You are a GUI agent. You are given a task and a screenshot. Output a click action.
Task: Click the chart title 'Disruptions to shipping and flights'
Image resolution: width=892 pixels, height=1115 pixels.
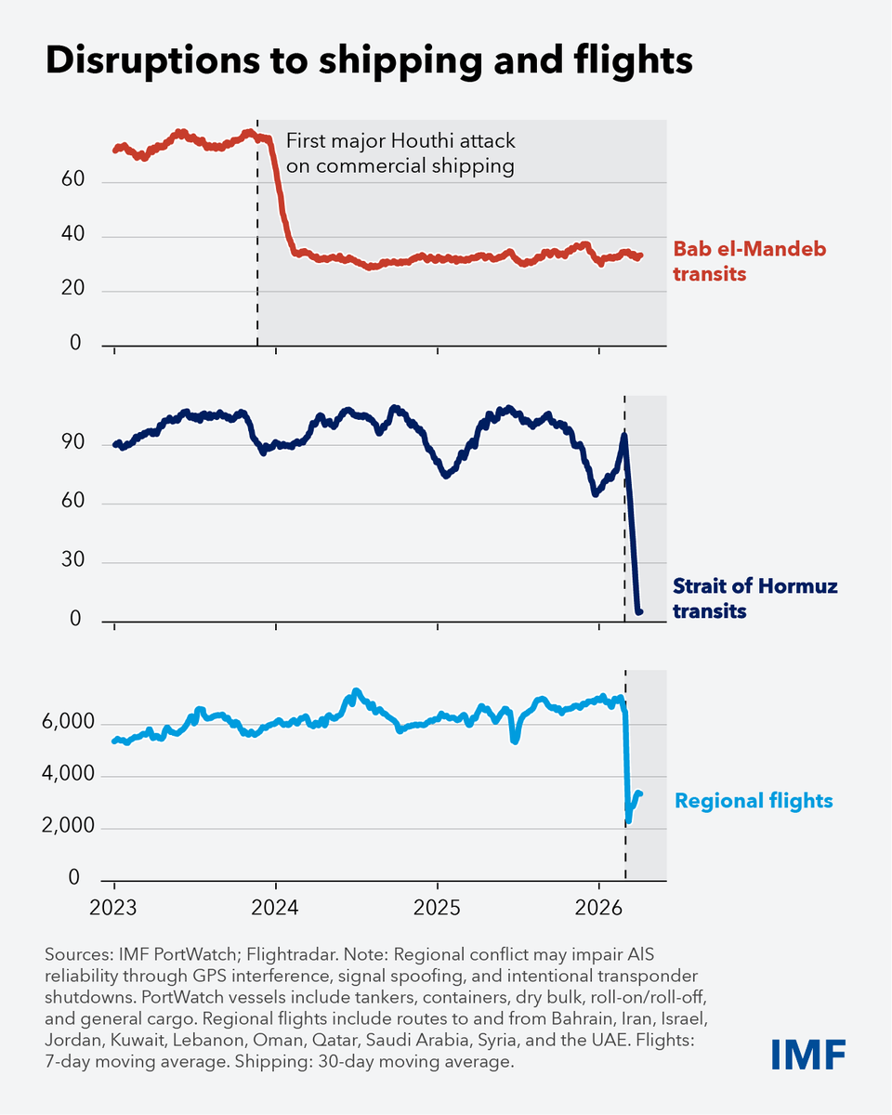click(x=369, y=61)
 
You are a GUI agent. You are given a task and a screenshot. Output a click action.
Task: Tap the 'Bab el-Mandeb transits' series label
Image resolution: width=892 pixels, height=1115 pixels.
click(x=749, y=262)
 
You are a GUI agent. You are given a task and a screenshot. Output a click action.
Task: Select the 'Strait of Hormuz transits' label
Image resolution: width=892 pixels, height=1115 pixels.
click(x=754, y=598)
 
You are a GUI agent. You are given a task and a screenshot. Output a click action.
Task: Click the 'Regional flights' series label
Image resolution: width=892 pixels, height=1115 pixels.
click(x=754, y=801)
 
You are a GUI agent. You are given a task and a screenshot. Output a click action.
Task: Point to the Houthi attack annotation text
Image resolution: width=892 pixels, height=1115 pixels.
click(x=400, y=154)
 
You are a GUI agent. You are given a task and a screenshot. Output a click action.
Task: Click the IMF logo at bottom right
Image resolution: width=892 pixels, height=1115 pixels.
click(x=808, y=1054)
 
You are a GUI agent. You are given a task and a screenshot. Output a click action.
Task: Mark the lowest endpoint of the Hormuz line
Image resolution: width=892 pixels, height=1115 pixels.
click(x=639, y=610)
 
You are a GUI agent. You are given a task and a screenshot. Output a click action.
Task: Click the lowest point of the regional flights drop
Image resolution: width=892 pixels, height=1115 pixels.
click(x=629, y=820)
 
